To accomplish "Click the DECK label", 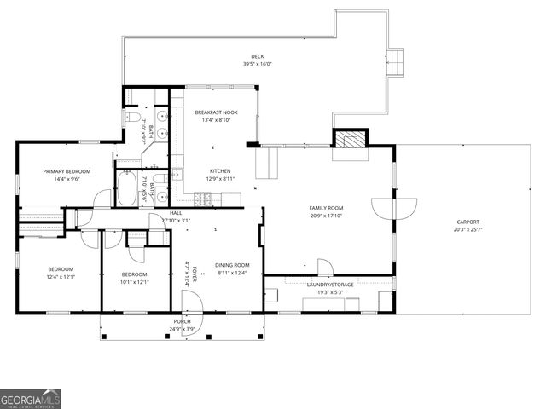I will (258, 56).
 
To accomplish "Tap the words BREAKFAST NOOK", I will (216, 112).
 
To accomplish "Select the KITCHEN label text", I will (221, 170).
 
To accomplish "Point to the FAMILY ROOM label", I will (326, 208).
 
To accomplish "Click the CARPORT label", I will (468, 222).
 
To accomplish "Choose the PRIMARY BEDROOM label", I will (67, 171).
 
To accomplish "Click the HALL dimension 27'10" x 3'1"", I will (176, 221).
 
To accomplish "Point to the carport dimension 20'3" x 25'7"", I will (468, 229).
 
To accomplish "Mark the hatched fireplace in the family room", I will (349, 140).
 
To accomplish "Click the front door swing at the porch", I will (191, 301).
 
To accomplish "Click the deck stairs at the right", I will (400, 63).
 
